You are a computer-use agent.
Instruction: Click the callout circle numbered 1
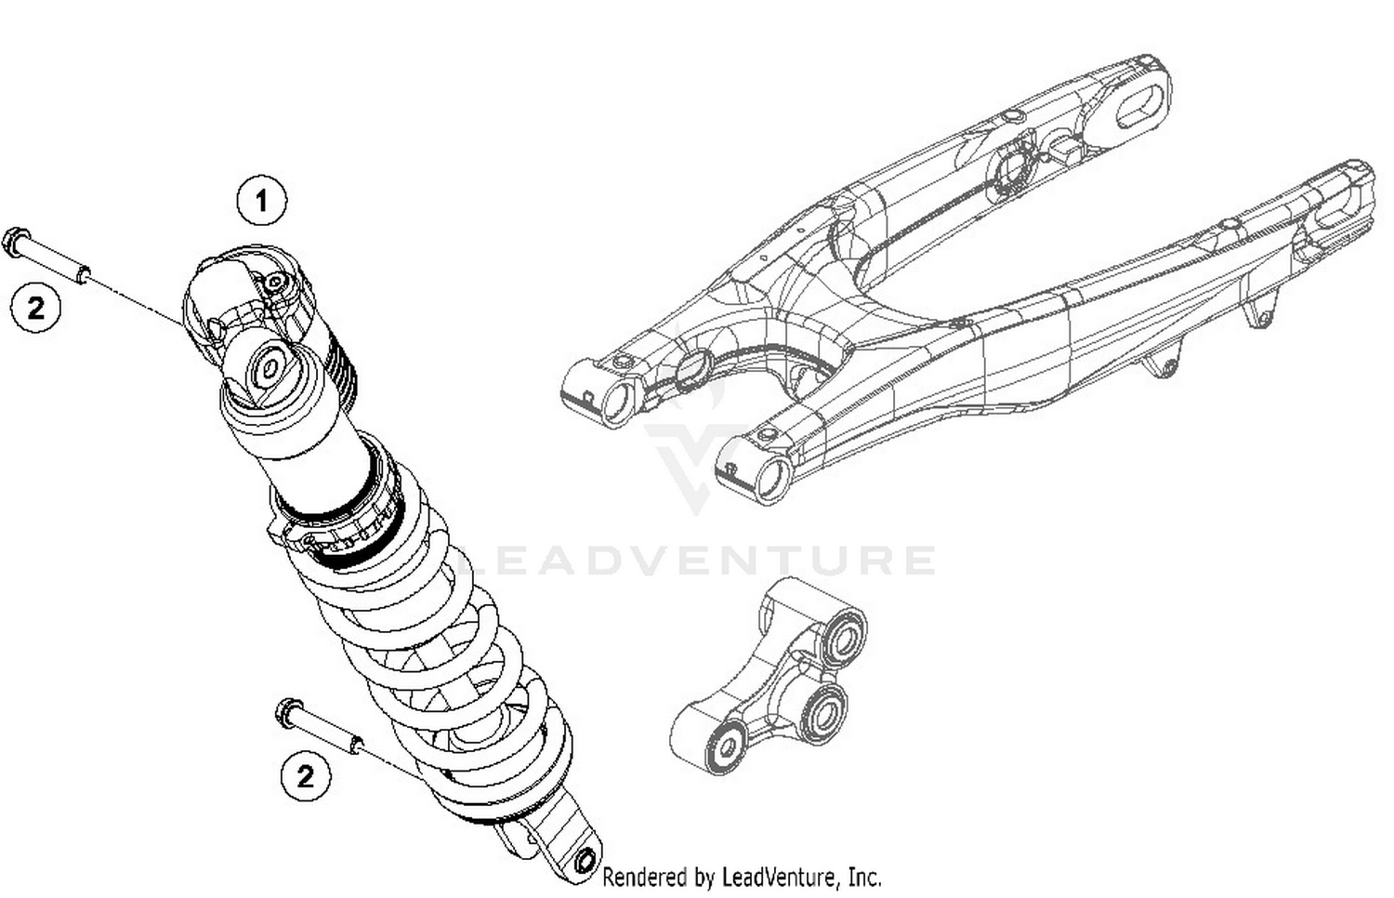pyautogui.click(x=261, y=201)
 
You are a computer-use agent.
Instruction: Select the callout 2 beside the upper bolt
pyautogui.click(x=35, y=307)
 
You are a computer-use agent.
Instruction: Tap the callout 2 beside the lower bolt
pyautogui.click(x=306, y=775)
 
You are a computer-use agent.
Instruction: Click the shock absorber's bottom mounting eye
pyautogui.click(x=585, y=861)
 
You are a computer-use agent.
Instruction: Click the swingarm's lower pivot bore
pyautogui.click(x=770, y=478)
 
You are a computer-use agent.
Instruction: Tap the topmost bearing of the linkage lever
pyautogui.click(x=844, y=640)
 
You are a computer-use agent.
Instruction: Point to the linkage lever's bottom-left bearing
pyautogui.click(x=725, y=746)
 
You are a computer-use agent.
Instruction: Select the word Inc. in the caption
pyautogui.click(x=864, y=877)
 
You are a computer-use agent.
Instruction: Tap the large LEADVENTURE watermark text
pyautogui.click(x=697, y=561)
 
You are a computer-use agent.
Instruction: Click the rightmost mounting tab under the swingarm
pyautogui.click(x=1260, y=310)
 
